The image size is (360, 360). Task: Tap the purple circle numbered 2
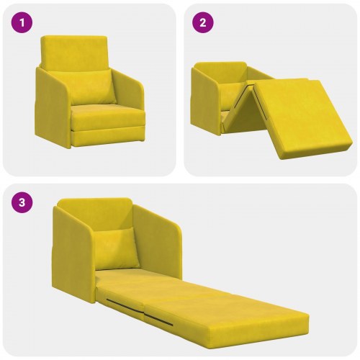coord(204,22)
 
